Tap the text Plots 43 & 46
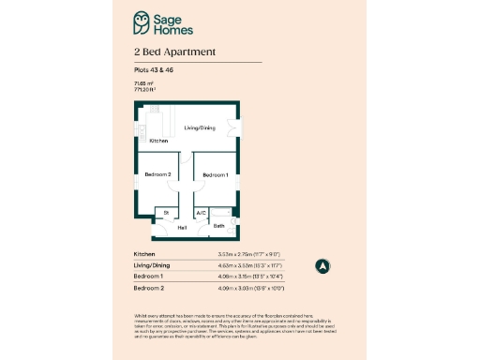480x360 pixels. coord(152,70)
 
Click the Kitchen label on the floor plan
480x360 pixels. coord(159,141)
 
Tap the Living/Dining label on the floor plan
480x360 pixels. coord(201,128)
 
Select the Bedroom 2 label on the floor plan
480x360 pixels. coord(157,174)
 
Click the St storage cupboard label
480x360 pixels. coord(165,214)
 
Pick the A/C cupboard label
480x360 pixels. coord(201,214)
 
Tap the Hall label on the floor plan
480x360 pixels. coord(182,227)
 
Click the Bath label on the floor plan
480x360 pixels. coord(218,226)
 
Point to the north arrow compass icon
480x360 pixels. coord(322,265)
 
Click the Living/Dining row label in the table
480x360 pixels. coord(153,265)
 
